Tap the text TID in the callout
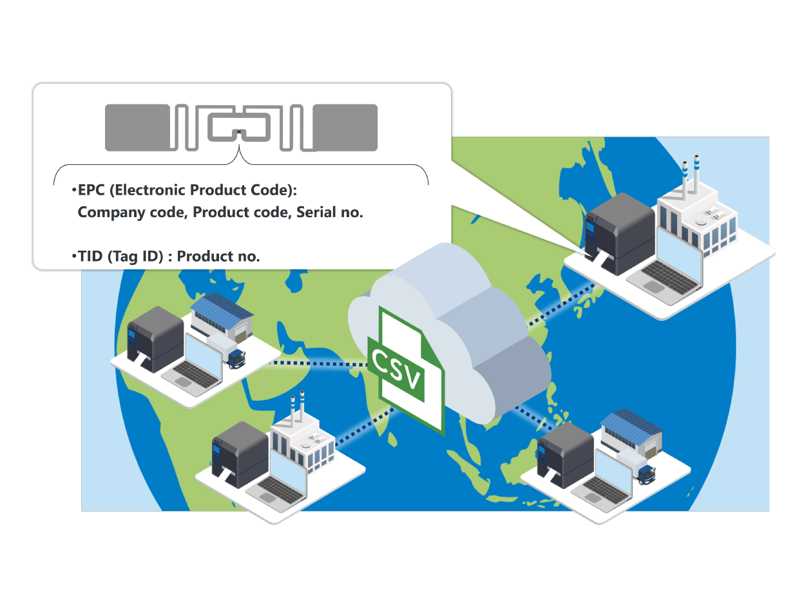pyautogui.click(x=91, y=256)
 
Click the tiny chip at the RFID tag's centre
pyautogui.click(x=239, y=133)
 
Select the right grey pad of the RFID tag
pyautogui.click(x=345, y=128)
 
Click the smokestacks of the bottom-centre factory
pyautogui.click(x=296, y=408)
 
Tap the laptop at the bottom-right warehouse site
pyautogui.click(x=609, y=481)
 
